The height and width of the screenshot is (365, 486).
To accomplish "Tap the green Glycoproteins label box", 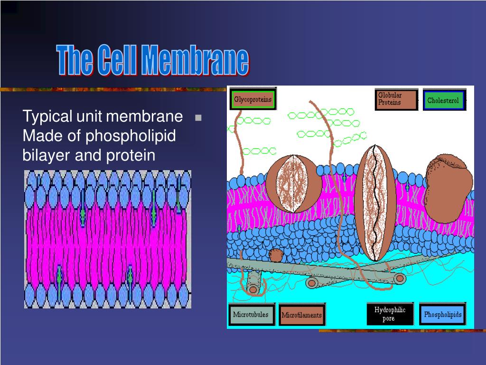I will tap(253, 100).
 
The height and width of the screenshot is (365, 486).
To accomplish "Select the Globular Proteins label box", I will tap(396, 99).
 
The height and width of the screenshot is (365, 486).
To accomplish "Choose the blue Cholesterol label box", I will tap(443, 100).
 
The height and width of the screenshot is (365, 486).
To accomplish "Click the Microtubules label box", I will tap(251, 315).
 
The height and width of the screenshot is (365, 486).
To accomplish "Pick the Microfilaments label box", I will tap(301, 315).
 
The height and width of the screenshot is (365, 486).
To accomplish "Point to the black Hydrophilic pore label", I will tap(390, 314).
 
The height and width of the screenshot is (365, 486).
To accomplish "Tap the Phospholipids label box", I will tap(442, 314).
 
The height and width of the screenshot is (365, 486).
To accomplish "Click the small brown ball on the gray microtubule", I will tap(276, 255).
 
